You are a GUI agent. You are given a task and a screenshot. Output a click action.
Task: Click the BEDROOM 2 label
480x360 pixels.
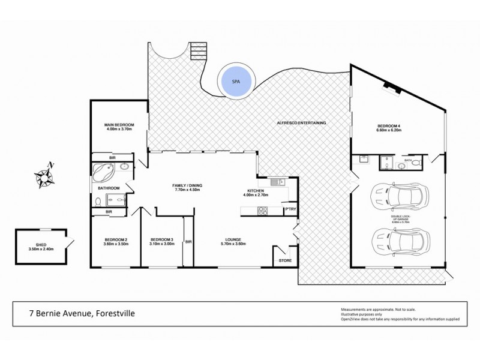point(115,241)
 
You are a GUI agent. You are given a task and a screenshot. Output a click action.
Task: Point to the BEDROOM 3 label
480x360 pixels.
point(162,241)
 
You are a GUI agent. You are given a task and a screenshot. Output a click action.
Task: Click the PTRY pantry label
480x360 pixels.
point(290,208)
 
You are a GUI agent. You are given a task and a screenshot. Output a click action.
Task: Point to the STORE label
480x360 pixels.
point(285,260)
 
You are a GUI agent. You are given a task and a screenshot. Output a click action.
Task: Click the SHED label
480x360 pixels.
point(41,245)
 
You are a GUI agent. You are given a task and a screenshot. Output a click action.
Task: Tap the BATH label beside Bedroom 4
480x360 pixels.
point(408,160)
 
